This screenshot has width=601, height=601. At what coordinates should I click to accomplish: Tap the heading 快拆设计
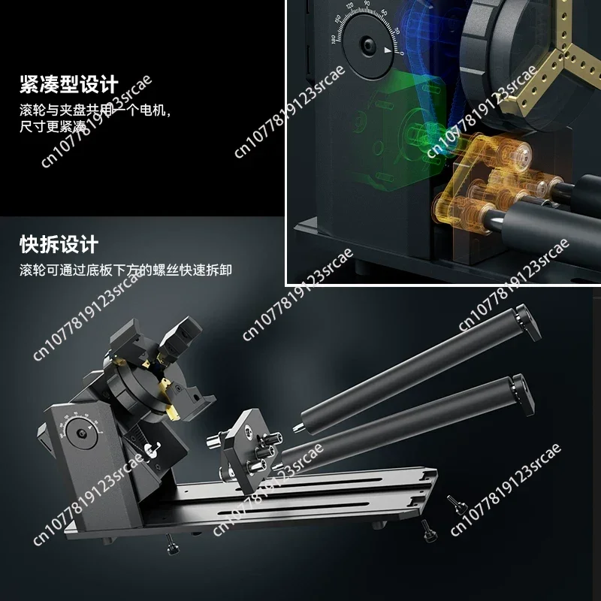[58, 245]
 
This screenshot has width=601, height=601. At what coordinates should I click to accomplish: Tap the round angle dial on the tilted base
[81, 435]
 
